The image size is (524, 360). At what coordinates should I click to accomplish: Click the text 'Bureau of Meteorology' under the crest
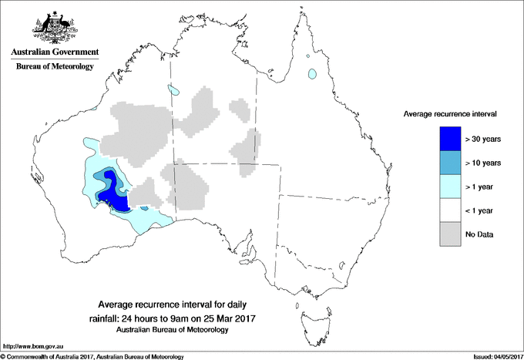coord(54,67)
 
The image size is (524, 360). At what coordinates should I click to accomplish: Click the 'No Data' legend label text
coord(479,234)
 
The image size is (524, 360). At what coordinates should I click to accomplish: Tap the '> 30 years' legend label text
coord(484,139)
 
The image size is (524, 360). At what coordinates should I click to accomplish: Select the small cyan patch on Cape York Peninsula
coord(312,75)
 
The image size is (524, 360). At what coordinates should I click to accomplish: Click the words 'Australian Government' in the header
coord(54,52)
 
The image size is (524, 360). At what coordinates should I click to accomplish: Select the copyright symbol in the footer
coord(3,356)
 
